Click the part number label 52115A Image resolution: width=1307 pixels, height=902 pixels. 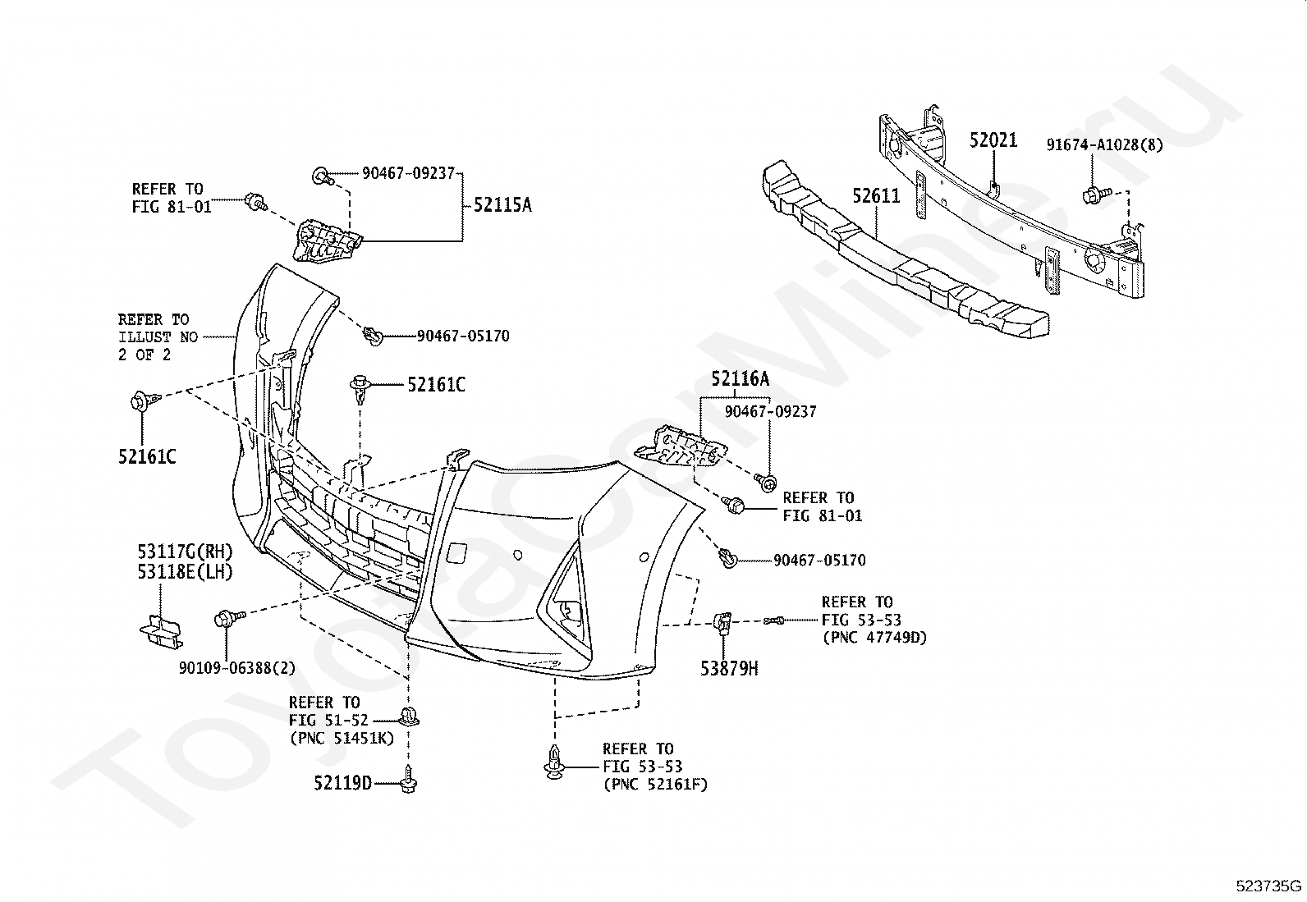502,205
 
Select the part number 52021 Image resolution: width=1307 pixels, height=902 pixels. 993,140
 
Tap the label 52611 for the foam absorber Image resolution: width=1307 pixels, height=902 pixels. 876,196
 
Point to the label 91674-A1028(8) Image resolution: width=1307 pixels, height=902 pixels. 1104,144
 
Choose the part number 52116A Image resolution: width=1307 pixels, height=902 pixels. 740,380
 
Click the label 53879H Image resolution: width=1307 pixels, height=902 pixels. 729,669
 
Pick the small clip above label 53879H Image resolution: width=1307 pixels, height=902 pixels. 723,623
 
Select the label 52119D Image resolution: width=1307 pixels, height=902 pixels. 342,783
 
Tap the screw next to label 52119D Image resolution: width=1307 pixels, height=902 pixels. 409,780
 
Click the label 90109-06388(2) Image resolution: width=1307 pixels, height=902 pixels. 237,668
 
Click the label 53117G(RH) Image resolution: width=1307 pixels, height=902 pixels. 185,552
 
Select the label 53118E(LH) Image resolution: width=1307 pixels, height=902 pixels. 185,572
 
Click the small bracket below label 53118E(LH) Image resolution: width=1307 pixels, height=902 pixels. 161,631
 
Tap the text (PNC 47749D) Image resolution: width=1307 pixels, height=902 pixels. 874,638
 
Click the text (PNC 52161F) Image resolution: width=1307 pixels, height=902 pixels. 655,785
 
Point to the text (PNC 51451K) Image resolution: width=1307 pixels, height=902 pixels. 342,739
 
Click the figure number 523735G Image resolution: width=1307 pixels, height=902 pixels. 1268,886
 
